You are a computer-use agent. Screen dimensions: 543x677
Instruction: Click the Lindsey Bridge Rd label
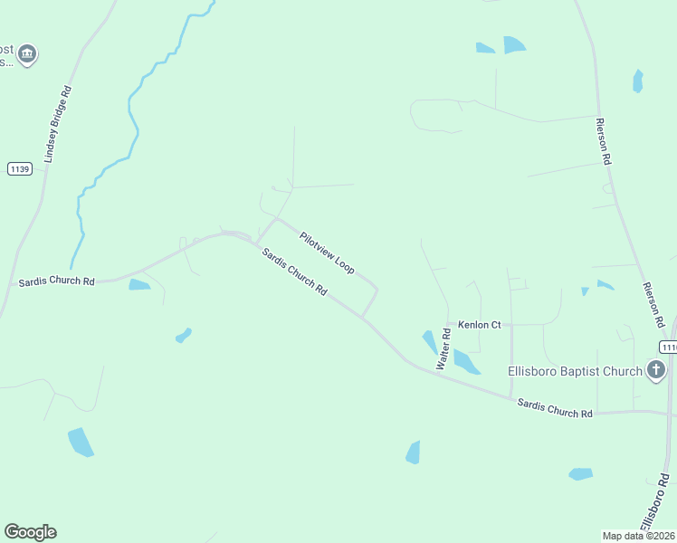(x=57, y=124)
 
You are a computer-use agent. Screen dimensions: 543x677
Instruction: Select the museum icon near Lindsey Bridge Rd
(x=27, y=54)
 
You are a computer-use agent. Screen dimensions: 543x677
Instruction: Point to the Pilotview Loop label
(x=327, y=252)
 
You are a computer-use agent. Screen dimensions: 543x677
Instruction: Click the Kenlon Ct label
(x=479, y=324)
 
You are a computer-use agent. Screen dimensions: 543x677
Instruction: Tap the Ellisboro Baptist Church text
(x=575, y=370)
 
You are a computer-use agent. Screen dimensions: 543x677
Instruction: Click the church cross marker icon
(x=656, y=369)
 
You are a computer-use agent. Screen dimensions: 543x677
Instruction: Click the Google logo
(x=30, y=532)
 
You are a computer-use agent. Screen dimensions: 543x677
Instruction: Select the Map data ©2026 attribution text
(x=639, y=536)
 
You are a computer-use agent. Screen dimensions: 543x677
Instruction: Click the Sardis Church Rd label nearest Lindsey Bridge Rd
(x=56, y=282)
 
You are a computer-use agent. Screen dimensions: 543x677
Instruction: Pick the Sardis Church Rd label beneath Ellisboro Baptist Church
(x=555, y=407)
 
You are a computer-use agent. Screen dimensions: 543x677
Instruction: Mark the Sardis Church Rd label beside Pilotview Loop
(x=294, y=271)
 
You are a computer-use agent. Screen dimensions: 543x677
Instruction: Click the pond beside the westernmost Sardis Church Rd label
(x=139, y=285)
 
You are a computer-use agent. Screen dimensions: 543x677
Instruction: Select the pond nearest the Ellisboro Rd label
(x=580, y=473)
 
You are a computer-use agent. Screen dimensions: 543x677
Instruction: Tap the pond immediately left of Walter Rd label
(x=429, y=342)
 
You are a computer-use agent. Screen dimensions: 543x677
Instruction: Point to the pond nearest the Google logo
(x=81, y=442)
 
